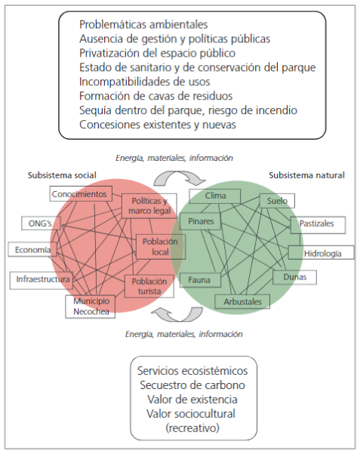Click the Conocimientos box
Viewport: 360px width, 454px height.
pyautogui.click(x=81, y=193)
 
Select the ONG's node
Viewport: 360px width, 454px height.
pyautogui.click(x=41, y=224)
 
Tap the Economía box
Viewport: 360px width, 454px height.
pyautogui.click(x=32, y=249)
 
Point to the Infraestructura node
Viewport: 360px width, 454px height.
pyautogui.click(x=41, y=280)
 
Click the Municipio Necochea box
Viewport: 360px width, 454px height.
pyautogui.click(x=91, y=307)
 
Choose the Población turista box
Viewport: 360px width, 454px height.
pyautogui.click(x=149, y=286)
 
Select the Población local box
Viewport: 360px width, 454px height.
pyautogui.click(x=161, y=246)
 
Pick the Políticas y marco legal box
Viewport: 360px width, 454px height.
pyautogui.click(x=149, y=206)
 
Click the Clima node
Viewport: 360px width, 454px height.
pyautogui.click(x=215, y=196)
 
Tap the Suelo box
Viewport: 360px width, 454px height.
pyautogui.click(x=277, y=201)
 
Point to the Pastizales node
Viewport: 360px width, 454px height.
pyautogui.click(x=318, y=224)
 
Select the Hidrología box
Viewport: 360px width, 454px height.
pyautogui.click(x=322, y=252)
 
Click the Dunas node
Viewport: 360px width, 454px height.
pyautogui.click(x=294, y=277)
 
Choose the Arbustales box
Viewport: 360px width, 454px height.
pyautogui.click(x=242, y=301)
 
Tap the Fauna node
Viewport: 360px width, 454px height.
pyautogui.click(x=200, y=280)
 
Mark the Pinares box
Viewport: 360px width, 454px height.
pyautogui.click(x=200, y=221)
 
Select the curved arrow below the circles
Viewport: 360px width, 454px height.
pyautogui.click(x=177, y=314)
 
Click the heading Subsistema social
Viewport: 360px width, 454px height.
pyautogui.click(x=62, y=175)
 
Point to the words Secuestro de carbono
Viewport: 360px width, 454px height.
pyautogui.click(x=192, y=385)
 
